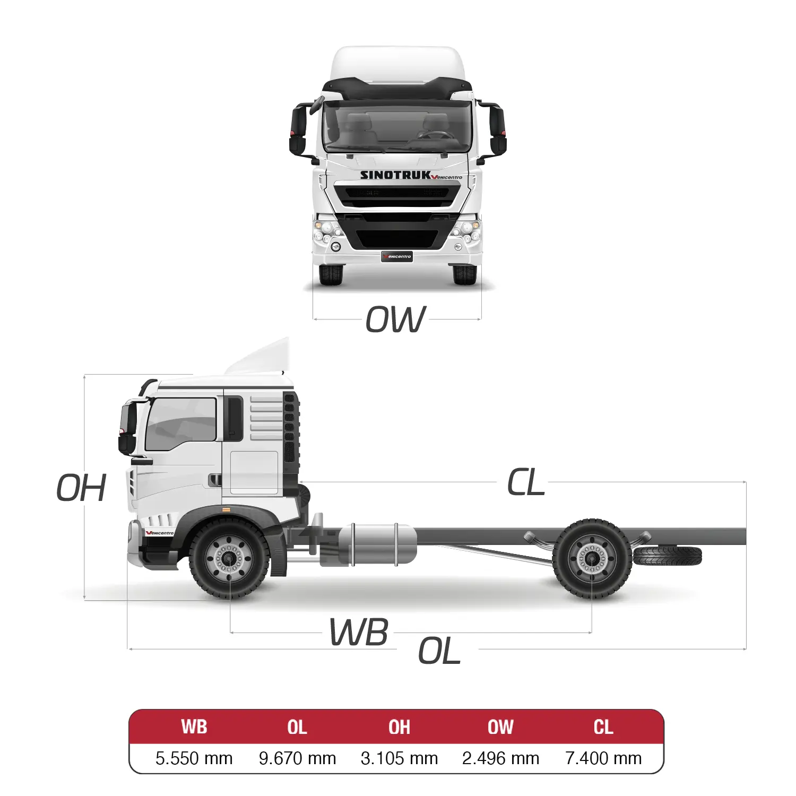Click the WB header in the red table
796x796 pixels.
tap(194, 727)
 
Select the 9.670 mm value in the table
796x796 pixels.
tap(297, 758)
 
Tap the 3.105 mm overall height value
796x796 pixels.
tap(399, 758)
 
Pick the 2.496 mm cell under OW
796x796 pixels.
tap(500, 758)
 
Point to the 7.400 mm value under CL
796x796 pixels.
tap(603, 758)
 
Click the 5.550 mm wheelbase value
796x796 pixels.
tap(194, 758)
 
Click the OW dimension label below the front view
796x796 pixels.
tap(396, 319)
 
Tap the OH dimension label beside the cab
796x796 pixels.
tap(81, 488)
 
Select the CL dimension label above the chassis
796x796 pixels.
tap(526, 482)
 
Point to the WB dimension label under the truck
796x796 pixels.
tap(359, 632)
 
